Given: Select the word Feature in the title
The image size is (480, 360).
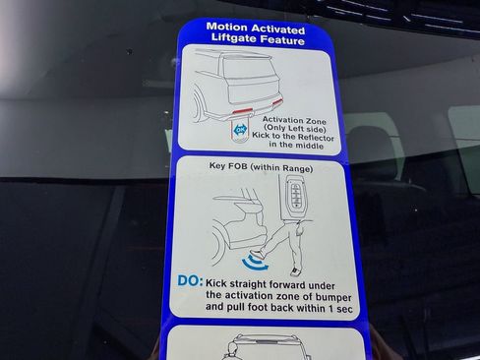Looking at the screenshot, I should point(286,40).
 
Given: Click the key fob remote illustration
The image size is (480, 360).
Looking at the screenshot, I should point(295,197).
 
